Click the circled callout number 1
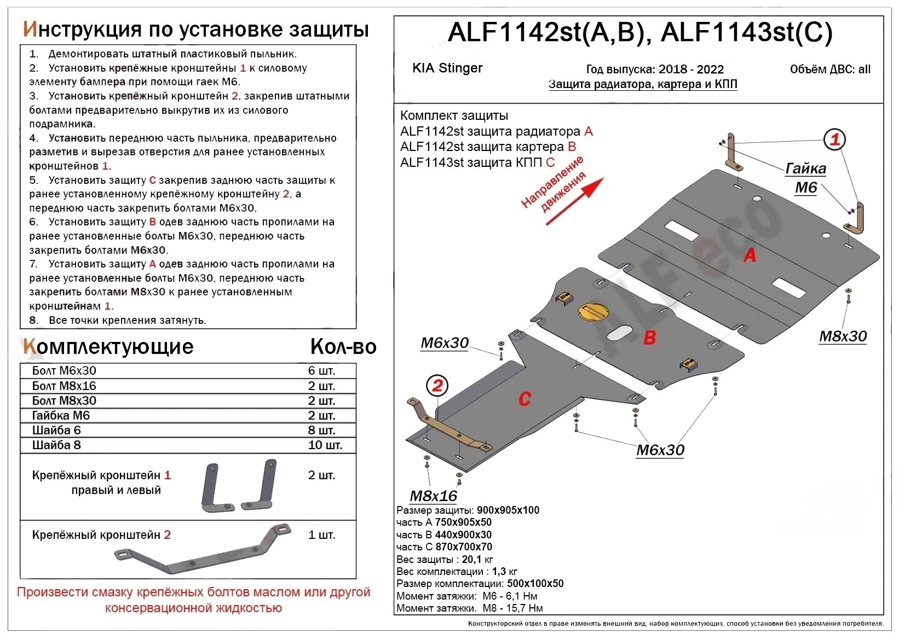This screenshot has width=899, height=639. point(834,140)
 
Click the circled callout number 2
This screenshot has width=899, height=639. point(437,386)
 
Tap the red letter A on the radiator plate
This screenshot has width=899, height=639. point(750,254)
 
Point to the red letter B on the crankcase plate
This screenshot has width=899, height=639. point(649,337)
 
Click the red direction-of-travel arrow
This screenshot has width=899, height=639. point(575,201)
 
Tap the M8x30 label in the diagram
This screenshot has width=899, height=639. point(843,336)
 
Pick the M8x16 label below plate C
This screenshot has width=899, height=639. point(433,496)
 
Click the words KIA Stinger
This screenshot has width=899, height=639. point(447,68)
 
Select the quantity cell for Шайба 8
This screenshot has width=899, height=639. point(325,445)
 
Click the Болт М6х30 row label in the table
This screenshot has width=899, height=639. point(64,370)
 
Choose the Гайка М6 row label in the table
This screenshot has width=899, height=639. point(61,415)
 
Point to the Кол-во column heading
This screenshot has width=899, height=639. point(343,346)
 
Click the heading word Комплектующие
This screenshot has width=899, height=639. point(108,346)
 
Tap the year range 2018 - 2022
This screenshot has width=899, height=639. point(691,69)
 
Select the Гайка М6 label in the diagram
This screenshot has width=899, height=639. point(805,177)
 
